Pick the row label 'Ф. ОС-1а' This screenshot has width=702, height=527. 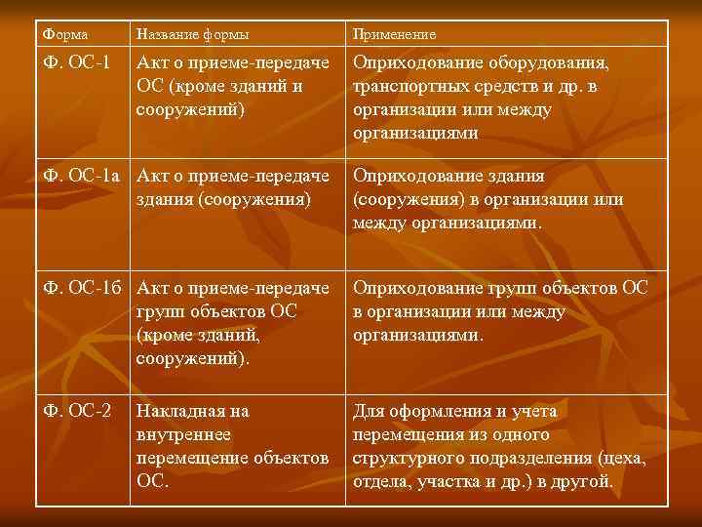tap(85, 177)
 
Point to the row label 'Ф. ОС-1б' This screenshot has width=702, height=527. tap(85, 289)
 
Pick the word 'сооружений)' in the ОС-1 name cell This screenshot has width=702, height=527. tap(192, 109)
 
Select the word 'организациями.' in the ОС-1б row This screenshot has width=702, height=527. tap(417, 335)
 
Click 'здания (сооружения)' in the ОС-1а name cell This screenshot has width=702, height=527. tap(223, 199)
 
